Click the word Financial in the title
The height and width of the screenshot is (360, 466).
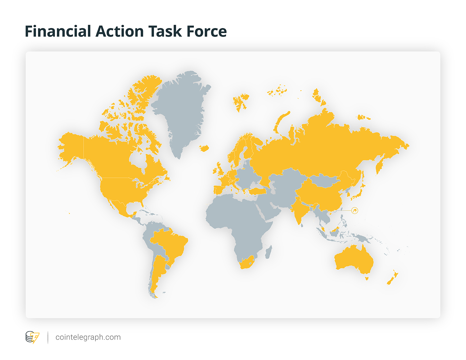pyautogui.click(x=58, y=31)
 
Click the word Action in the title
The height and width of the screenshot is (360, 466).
pyautogui.click(x=120, y=31)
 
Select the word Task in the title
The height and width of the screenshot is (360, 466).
pyautogui.click(x=165, y=31)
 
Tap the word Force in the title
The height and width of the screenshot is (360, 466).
pyautogui.click(x=207, y=31)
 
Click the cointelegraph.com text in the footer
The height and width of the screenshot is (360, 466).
pyautogui.click(x=88, y=337)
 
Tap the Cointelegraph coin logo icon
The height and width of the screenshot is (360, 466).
pyautogui.click(x=32, y=337)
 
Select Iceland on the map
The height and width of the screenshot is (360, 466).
pyautogui.click(x=204, y=148)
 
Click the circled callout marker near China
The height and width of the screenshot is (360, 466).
pyautogui.click(x=354, y=211)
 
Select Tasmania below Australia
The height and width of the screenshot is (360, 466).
pyautogui.click(x=367, y=279)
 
